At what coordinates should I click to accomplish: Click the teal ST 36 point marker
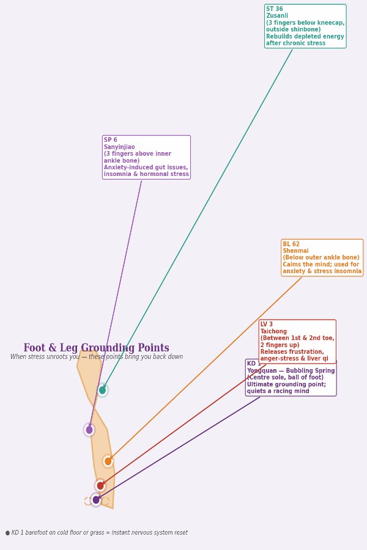(x=102, y=390)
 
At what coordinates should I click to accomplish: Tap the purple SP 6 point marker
(x=89, y=430)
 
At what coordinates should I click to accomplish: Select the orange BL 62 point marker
(x=108, y=461)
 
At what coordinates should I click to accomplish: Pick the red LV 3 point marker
(x=100, y=486)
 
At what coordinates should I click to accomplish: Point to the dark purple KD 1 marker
(x=96, y=500)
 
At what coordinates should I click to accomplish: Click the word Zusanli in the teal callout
(x=277, y=16)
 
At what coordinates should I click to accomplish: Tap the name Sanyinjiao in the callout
(x=119, y=147)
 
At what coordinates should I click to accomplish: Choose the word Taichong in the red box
(x=273, y=332)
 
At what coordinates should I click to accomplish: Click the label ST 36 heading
(x=275, y=10)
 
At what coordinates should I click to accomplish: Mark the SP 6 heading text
(x=111, y=141)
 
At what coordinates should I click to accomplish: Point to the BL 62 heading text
(x=291, y=244)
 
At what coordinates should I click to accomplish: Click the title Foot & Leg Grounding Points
(x=96, y=348)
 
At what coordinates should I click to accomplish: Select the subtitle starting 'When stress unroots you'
(x=97, y=357)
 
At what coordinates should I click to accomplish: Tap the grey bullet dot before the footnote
(x=7, y=533)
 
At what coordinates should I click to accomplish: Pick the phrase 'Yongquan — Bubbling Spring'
(x=291, y=371)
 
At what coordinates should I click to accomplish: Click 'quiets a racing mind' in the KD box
(x=278, y=391)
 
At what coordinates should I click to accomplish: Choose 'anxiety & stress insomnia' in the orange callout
(x=322, y=271)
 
